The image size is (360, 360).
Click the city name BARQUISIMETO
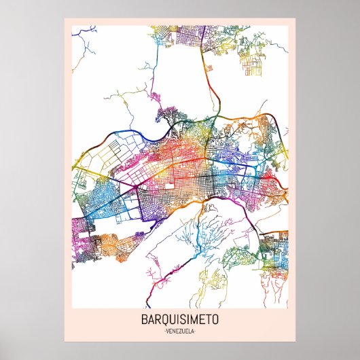click(x=179, y=320)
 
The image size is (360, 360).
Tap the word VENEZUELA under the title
click(x=179, y=331)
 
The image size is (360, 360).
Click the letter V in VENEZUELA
click(x=167, y=331)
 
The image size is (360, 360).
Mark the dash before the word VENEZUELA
click(x=164, y=331)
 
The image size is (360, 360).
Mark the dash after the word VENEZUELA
click(x=196, y=331)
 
